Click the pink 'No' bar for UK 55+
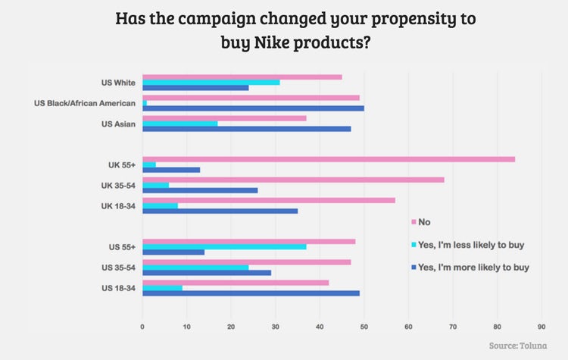click(329, 159)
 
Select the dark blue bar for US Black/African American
click(253, 108)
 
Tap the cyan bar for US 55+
click(224, 246)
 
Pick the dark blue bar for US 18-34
click(251, 293)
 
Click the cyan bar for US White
click(211, 82)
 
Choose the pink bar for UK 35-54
click(293, 180)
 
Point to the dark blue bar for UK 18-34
click(220, 211)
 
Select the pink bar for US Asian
click(224, 117)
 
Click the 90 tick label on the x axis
click(541, 327)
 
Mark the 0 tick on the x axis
click(142, 327)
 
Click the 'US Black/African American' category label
click(85, 103)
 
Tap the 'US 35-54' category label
click(118, 268)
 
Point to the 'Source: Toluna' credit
click(521, 345)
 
